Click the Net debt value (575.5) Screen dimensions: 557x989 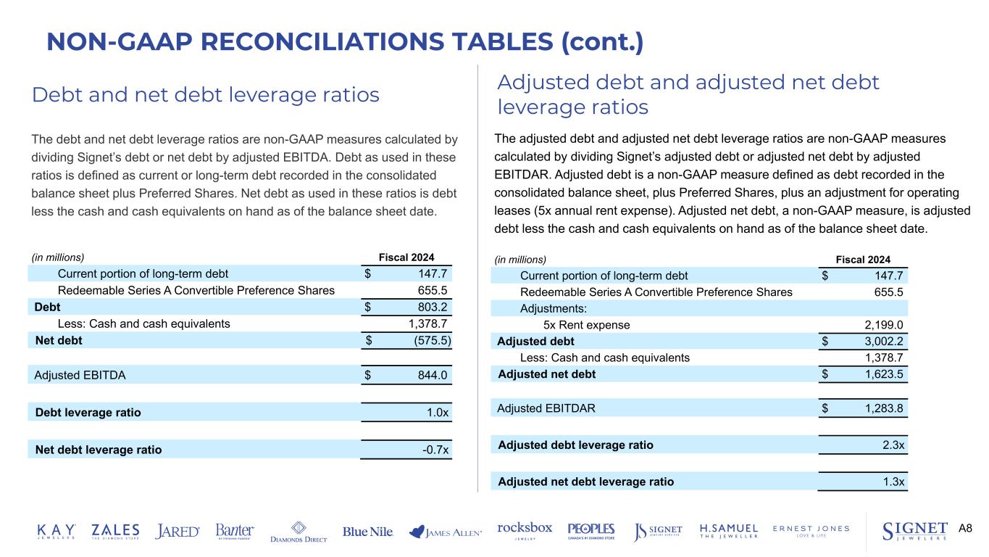tap(426, 340)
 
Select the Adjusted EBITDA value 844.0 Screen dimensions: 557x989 tap(433, 376)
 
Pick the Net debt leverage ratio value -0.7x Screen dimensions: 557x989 tap(435, 450)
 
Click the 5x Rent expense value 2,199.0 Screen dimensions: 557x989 tap(880, 326)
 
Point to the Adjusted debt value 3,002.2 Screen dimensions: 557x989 tap(880, 342)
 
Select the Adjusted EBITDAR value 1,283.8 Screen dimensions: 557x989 tap(880, 408)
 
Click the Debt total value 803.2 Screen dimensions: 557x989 tap(433, 308)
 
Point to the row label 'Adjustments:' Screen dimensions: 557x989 tap(554, 309)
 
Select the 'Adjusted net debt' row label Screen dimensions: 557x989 tap(546, 374)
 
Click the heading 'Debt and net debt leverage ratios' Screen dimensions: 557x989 tap(205, 94)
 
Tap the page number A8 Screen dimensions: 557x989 tap(965, 528)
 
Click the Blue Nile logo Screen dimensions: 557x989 tap(368, 532)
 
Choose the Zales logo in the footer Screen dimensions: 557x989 tap(115, 532)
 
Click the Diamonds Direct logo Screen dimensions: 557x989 tap(299, 532)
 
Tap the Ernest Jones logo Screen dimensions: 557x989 tap(811, 531)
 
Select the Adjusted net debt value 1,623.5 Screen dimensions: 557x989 tap(880, 375)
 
